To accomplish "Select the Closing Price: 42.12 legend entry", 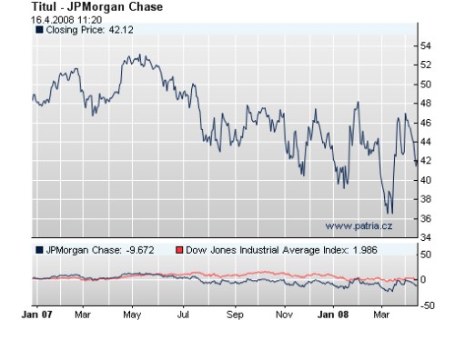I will pyautogui.click(x=81, y=29).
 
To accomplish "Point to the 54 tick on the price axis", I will pyautogui.click(x=425, y=45).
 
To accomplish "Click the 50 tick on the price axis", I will pyautogui.click(x=425, y=84).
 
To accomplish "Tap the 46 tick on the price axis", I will pyautogui.click(x=425, y=122).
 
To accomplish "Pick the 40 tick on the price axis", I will pyautogui.click(x=425, y=179).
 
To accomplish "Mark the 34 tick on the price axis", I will pyautogui.click(x=425, y=236).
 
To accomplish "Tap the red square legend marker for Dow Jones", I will pyautogui.click(x=179, y=248).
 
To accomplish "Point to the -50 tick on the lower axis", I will pyautogui.click(x=425, y=305).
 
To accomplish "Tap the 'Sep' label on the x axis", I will pyautogui.click(x=236, y=315).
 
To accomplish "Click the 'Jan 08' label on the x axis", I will pyautogui.click(x=333, y=315).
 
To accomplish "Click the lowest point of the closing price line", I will pyautogui.click(x=391, y=215).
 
